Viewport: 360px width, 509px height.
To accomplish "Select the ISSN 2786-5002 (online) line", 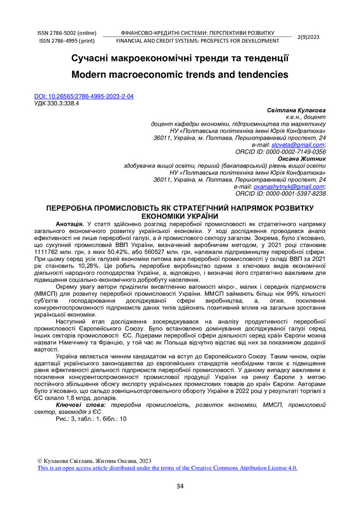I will click(x=67, y=33).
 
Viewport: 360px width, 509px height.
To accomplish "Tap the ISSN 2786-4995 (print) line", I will click(x=67, y=41).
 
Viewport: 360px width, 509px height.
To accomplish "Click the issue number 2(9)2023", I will click(x=308, y=37).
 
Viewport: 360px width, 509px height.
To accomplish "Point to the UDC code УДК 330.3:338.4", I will click(x=56, y=103).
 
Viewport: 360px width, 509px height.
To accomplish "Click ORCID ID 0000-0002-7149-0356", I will click(x=280, y=152).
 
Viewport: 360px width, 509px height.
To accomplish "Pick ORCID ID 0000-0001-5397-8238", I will click(x=280, y=193).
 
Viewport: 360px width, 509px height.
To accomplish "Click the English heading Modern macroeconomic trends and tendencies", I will click(x=180, y=75).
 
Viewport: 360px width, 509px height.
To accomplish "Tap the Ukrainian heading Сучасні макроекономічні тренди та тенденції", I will click(x=180, y=59).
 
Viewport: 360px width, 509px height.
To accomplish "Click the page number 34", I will click(x=180, y=486).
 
